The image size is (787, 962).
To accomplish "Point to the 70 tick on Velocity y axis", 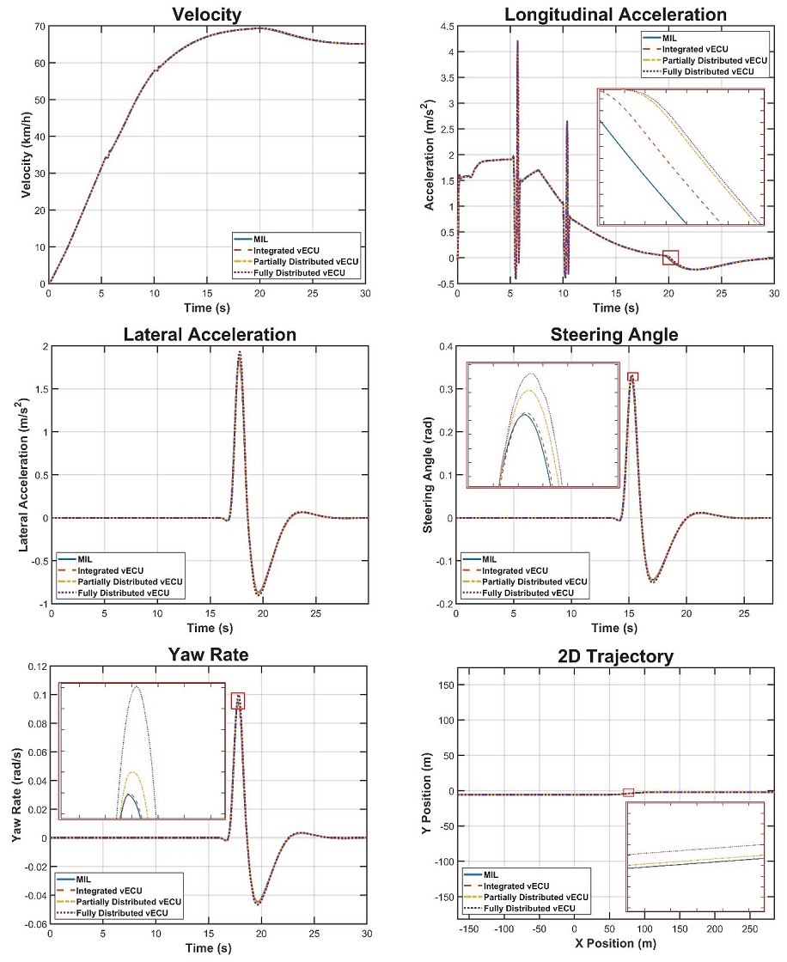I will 39,26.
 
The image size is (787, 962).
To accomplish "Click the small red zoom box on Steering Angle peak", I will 633,376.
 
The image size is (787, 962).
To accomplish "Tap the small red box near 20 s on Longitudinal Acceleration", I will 671,257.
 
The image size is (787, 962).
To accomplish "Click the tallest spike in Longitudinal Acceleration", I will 518,41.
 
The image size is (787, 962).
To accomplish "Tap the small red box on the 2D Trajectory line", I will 628,792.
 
